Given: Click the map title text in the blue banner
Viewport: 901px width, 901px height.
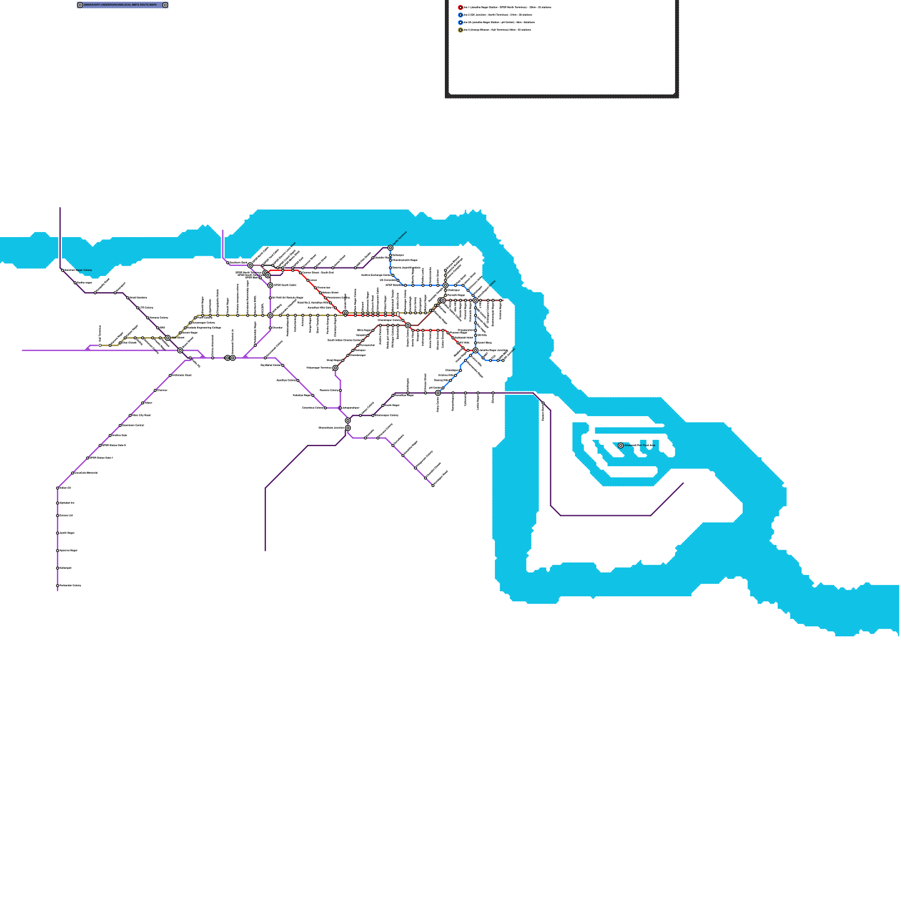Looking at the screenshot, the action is click(121, 5).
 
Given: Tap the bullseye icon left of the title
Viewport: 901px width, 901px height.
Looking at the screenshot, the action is click(80, 5).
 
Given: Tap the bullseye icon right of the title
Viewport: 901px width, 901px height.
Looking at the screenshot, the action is click(165, 5).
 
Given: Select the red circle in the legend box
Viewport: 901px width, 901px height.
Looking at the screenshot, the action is click(461, 8).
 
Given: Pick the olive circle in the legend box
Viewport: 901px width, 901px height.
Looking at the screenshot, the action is click(461, 30).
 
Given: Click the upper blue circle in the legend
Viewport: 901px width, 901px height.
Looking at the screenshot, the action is click(461, 15).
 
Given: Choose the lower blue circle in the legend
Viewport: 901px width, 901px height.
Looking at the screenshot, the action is click(461, 23).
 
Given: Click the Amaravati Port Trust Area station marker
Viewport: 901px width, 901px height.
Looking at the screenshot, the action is click(621, 445).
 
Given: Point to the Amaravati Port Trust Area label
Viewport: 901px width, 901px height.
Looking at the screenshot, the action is click(640, 445).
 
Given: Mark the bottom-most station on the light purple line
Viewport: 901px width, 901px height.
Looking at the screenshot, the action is click(57, 586).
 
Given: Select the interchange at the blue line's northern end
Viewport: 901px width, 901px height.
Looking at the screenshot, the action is click(390, 248).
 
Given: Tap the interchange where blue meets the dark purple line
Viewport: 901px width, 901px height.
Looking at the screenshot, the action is click(438, 393).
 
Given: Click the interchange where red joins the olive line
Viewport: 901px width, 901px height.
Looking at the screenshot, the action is click(345, 313).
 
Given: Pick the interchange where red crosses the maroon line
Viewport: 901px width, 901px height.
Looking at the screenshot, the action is click(408, 325).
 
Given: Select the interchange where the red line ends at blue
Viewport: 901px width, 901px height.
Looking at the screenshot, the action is click(475, 350).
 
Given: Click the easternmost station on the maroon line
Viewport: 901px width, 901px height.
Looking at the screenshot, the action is click(501, 300).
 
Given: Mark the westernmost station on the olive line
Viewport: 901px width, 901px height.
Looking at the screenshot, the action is click(100, 345).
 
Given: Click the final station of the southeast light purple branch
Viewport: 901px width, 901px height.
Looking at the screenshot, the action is click(433, 485).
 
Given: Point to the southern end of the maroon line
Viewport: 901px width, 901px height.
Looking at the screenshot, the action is click(335, 368).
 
